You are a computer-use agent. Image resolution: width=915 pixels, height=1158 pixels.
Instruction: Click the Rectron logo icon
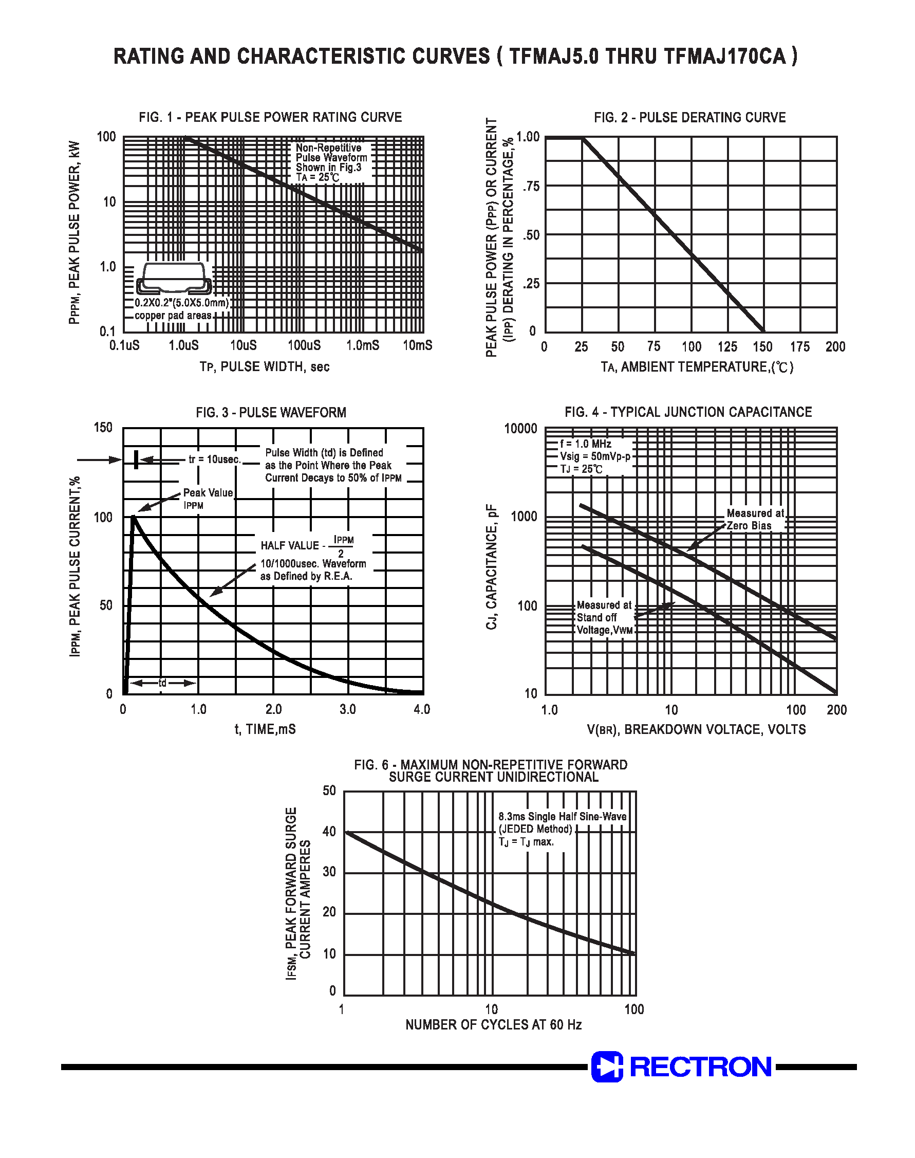(606, 1067)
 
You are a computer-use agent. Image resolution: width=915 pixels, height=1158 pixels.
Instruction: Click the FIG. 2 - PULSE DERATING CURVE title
(689, 117)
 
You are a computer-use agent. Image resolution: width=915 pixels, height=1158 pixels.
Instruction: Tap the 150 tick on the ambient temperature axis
(762, 347)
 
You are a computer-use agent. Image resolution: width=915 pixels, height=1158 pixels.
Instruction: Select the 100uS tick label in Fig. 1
(304, 345)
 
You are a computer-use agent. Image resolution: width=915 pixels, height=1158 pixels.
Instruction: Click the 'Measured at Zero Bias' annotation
(754, 519)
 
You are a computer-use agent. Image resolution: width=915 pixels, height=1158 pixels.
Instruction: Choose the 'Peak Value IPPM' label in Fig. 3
(208, 499)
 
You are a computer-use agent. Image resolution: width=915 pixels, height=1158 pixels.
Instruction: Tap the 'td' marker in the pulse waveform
(162, 683)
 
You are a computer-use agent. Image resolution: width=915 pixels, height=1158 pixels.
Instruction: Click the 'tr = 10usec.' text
(215, 459)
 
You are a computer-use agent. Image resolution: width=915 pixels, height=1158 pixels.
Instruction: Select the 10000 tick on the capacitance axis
(520, 429)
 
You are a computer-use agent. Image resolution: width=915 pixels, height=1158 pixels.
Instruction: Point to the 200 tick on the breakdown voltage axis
(836, 710)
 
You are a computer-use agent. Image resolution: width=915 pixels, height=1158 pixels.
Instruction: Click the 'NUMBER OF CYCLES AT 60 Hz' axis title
(493, 1024)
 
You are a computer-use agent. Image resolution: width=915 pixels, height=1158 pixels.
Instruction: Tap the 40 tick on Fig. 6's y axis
(329, 831)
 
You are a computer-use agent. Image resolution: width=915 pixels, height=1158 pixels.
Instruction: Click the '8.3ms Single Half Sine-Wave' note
(562, 816)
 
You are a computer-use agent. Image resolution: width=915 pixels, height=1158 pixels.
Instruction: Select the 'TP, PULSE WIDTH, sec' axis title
(265, 367)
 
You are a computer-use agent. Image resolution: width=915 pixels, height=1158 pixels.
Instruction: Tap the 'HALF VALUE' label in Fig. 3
(289, 545)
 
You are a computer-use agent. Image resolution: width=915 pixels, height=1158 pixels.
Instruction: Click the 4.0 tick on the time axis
(422, 709)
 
